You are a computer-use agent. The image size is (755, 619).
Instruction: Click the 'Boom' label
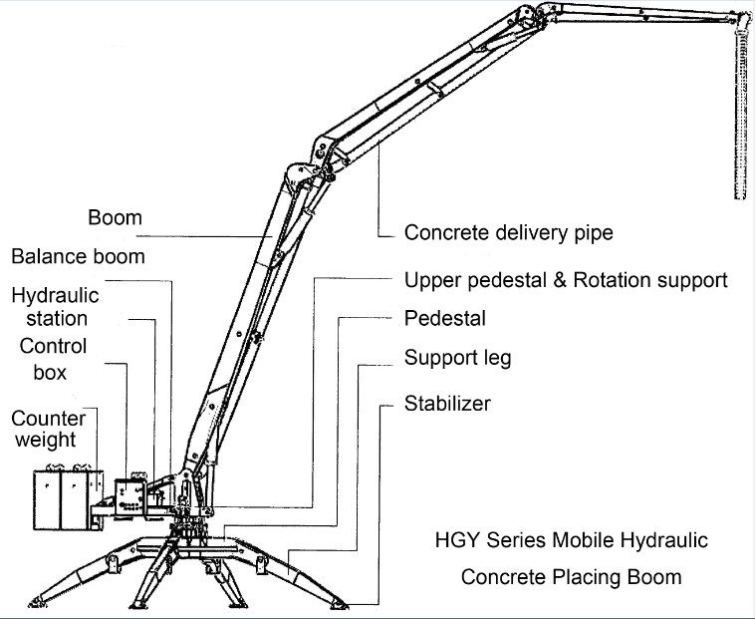click(115, 217)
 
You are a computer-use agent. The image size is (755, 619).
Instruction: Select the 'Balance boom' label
click(78, 256)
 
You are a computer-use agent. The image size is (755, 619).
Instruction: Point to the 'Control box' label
click(53, 360)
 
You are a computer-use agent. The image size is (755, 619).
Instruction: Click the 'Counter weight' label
click(49, 428)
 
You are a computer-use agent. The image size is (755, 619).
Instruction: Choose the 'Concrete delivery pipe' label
click(508, 233)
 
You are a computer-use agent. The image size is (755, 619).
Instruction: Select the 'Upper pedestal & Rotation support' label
click(565, 279)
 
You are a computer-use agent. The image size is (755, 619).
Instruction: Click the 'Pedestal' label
click(444, 319)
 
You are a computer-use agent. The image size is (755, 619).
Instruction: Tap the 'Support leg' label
click(457, 357)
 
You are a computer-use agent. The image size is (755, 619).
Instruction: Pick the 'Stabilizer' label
click(447, 404)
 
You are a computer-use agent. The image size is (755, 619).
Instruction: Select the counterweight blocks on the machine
click(62, 498)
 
